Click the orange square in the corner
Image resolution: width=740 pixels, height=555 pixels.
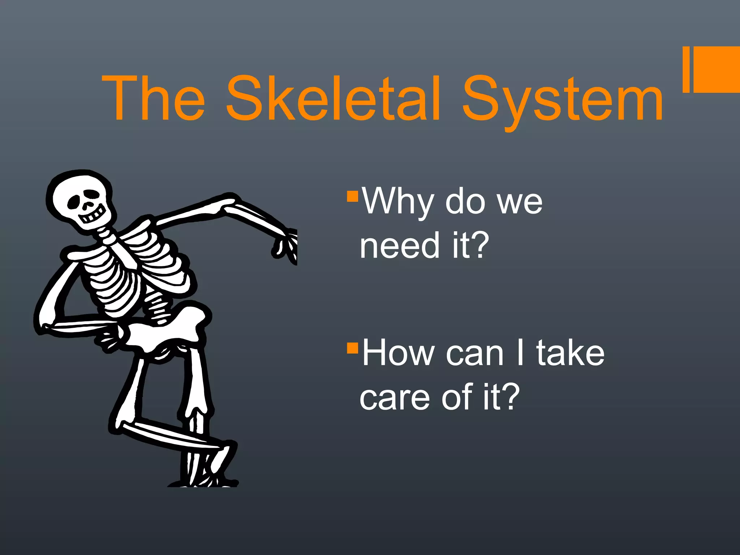click(714, 69)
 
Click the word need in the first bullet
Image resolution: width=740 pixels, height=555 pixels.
click(399, 246)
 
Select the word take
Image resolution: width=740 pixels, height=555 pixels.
click(570, 353)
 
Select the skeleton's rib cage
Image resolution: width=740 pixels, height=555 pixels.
click(134, 267)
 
